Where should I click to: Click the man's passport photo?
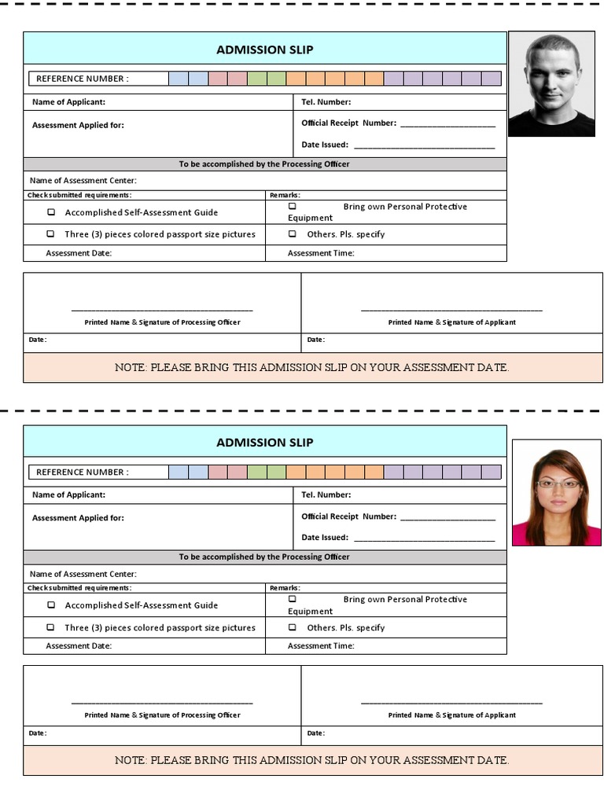[x=551, y=84]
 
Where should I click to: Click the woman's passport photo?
[x=556, y=493]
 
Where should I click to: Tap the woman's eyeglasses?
[x=558, y=483]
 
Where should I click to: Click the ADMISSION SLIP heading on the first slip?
[x=265, y=50]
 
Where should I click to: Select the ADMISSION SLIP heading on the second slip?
[x=265, y=443]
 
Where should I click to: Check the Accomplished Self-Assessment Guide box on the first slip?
[x=52, y=212]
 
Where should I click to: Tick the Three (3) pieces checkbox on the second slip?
[x=51, y=627]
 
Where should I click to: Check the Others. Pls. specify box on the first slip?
[x=293, y=234]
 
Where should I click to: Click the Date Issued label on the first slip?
[x=325, y=145]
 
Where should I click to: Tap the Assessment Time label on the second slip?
[x=321, y=646]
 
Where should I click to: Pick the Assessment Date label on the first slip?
[x=79, y=253]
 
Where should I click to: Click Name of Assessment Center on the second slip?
[x=83, y=575]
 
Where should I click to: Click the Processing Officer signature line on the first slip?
[x=162, y=310]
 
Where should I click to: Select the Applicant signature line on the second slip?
[x=451, y=702]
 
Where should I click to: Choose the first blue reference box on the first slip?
[x=179, y=79]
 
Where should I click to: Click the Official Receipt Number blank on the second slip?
[x=447, y=517]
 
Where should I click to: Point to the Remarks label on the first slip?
[x=284, y=195]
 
